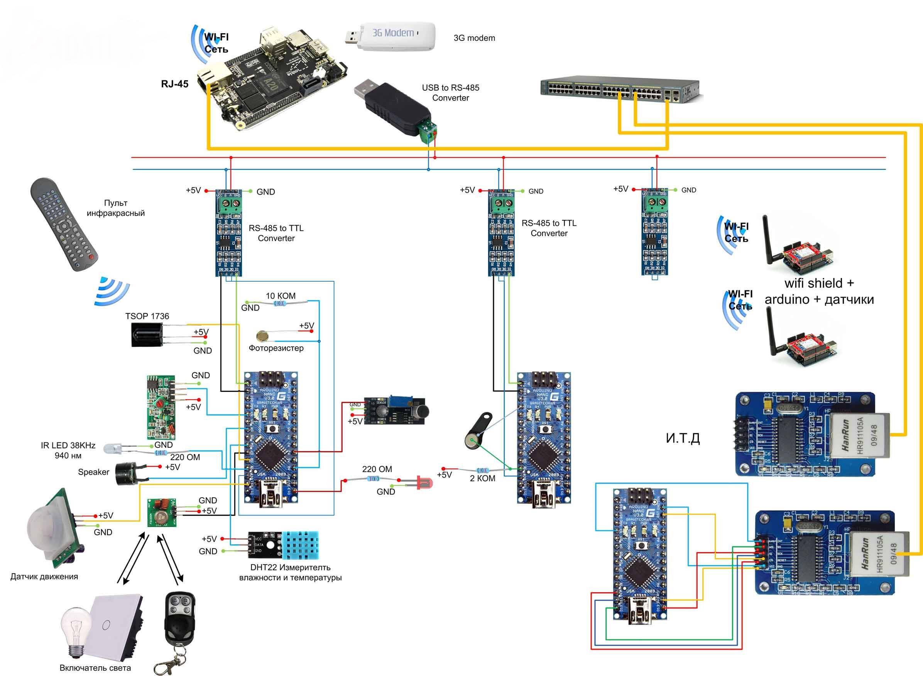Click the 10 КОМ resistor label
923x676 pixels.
tap(281, 296)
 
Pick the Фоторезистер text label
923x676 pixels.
tap(276, 348)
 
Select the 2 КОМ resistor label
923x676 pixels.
tap(482, 478)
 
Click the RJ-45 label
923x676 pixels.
tap(175, 84)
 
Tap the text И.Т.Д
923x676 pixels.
tap(683, 438)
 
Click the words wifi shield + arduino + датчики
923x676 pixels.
tap(819, 291)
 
